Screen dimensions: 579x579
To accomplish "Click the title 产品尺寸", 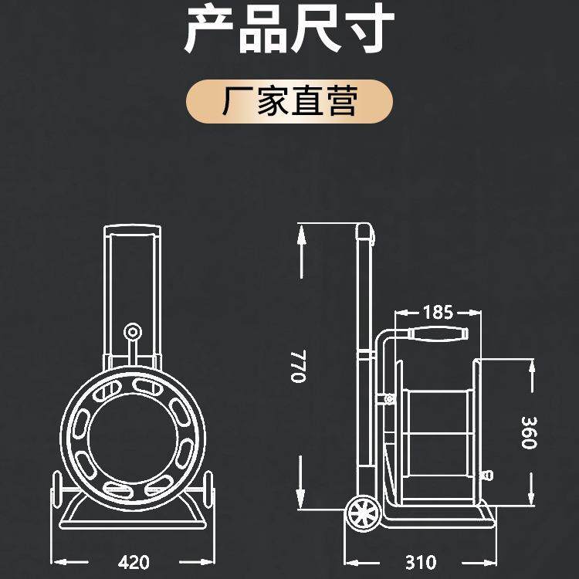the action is (289, 29).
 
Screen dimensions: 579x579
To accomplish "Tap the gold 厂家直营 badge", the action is (289, 102).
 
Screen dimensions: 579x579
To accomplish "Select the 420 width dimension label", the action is (134, 561).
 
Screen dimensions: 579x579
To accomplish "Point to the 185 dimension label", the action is (438, 313).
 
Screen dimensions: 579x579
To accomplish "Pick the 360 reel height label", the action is (530, 432).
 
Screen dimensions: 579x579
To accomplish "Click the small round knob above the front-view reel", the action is (133, 332).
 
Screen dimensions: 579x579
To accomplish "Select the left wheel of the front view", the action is (56, 492).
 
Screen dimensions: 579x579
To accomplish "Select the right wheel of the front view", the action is (208, 492).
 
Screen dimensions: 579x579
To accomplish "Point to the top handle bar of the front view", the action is (133, 230).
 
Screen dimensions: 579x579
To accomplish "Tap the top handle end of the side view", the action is (365, 232).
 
